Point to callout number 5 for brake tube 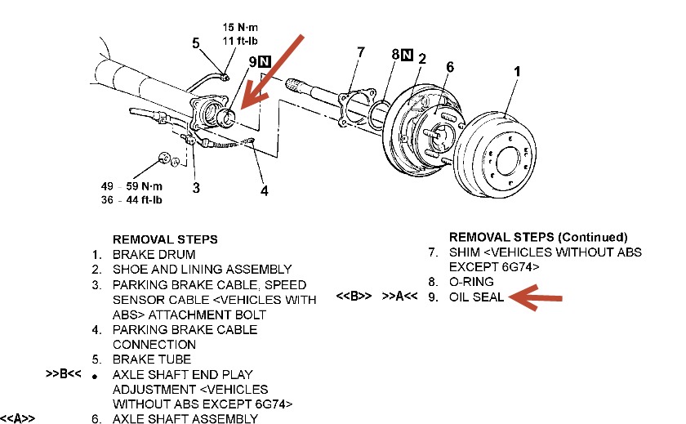point(195,42)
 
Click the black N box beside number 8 point(407,55)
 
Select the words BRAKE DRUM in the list point(154,254)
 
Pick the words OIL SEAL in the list point(477,297)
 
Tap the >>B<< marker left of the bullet point(65,375)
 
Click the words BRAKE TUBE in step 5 point(152,359)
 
